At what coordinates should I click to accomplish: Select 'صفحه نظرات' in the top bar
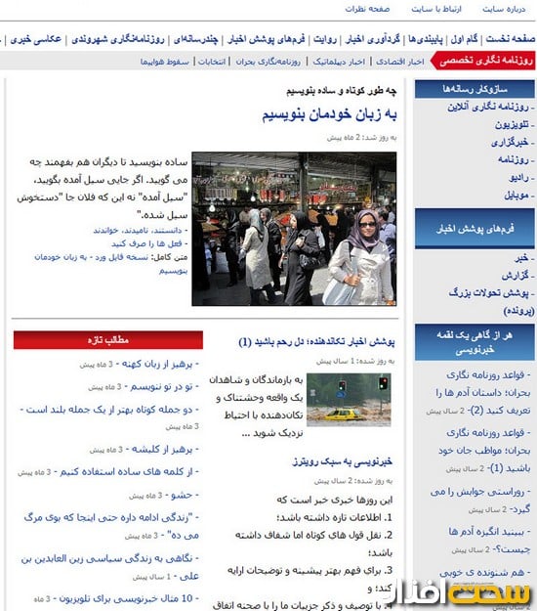point(367,9)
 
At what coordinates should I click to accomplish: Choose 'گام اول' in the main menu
point(466,39)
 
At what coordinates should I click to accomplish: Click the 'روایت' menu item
point(326,39)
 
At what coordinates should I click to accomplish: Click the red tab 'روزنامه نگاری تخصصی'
point(484,61)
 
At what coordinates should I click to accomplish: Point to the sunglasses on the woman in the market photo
point(366,223)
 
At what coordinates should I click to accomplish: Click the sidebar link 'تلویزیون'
point(510,125)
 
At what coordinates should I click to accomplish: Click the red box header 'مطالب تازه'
point(108,340)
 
